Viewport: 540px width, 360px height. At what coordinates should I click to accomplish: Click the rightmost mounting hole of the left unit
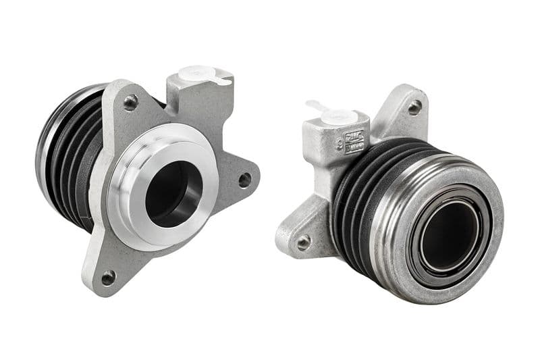244,180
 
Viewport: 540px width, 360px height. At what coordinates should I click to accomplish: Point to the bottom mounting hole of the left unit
108,276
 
